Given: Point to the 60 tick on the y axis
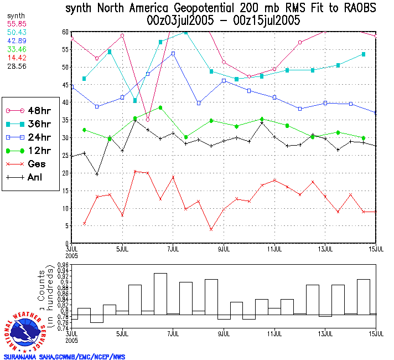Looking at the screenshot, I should click(65, 32).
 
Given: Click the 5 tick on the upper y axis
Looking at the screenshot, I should click(66, 226).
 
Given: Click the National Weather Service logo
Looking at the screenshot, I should click(25, 331).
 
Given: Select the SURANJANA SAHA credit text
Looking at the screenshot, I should click(64, 357).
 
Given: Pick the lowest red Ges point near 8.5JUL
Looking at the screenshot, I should click(211, 229).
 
